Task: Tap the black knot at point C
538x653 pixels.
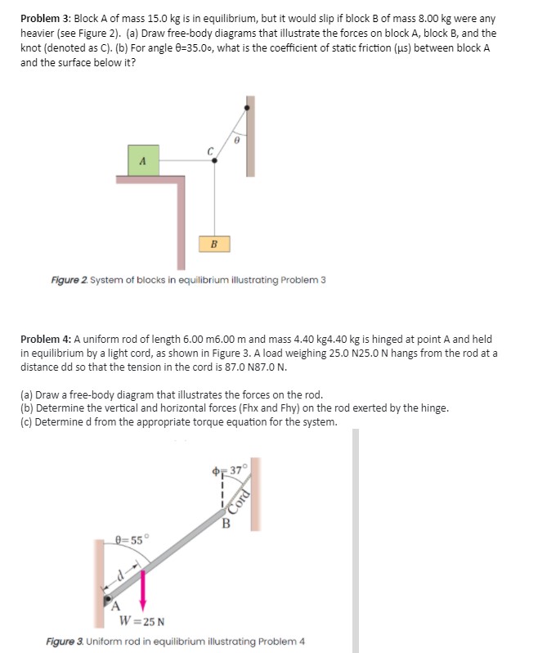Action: [214, 161]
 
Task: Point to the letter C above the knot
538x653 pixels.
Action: [210, 150]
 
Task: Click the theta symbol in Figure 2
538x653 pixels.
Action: [237, 141]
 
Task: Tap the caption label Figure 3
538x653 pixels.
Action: [65, 641]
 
